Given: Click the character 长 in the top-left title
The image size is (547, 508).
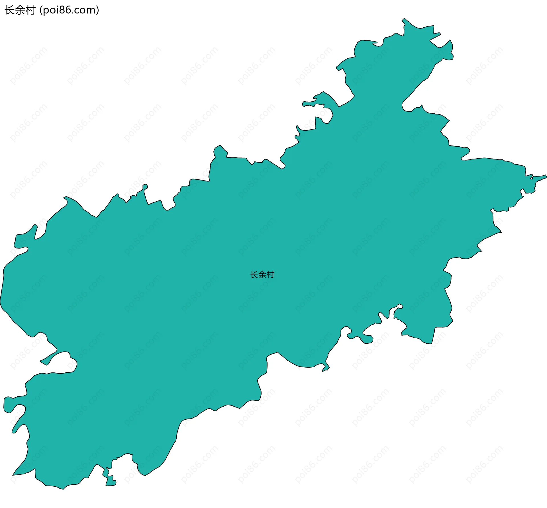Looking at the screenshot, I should [9, 10].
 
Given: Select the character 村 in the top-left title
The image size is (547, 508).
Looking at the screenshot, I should [30, 10].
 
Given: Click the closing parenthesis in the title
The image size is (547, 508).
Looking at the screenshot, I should [98, 11].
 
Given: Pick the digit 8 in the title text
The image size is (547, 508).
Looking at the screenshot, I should [61, 10].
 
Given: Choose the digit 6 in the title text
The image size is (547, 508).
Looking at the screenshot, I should [67, 10].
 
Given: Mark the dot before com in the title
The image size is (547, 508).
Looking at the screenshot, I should [72, 13].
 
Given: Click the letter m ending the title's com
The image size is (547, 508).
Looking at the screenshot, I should [91, 11].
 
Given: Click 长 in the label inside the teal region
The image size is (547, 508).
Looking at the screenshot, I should [254, 275].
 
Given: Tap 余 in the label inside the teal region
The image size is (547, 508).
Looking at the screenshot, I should [262, 275].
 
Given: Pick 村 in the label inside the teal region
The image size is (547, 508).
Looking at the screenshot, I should [270, 275].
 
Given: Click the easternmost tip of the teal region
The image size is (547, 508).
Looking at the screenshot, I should [546, 177].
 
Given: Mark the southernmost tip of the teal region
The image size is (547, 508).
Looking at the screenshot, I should [63, 489].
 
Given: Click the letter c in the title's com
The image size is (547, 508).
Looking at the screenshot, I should [77, 11].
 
